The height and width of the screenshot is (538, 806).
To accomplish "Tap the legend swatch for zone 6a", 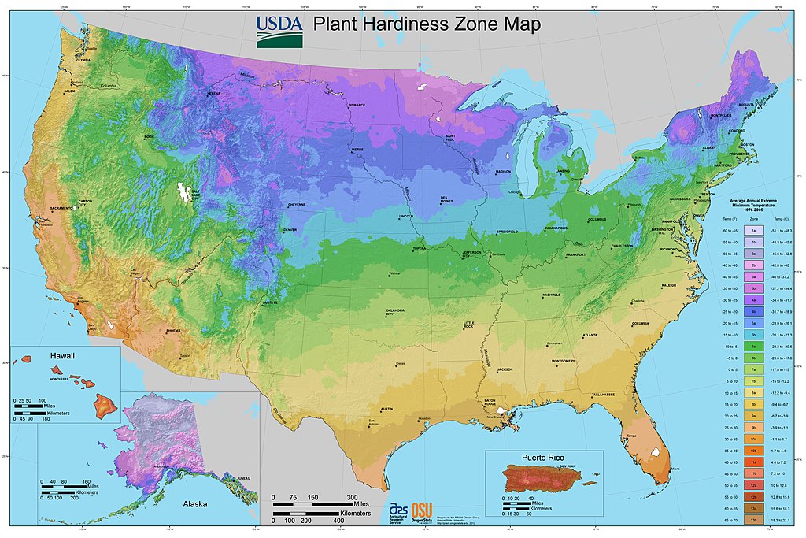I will click(x=753, y=346).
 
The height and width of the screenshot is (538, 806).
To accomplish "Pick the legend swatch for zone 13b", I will click(x=753, y=521).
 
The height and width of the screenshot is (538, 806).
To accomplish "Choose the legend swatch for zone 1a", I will click(x=753, y=229).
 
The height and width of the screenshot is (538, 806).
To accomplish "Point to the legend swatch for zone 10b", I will click(x=753, y=451).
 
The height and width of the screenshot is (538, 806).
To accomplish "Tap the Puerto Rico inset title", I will click(x=544, y=457).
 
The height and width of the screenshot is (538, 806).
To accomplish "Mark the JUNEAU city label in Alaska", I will click(x=243, y=477).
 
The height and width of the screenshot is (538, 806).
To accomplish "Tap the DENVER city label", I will click(x=290, y=230).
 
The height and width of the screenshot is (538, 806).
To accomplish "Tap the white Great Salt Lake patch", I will click(x=185, y=192).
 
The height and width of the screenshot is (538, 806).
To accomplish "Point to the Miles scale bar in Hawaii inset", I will click(x=35, y=406).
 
